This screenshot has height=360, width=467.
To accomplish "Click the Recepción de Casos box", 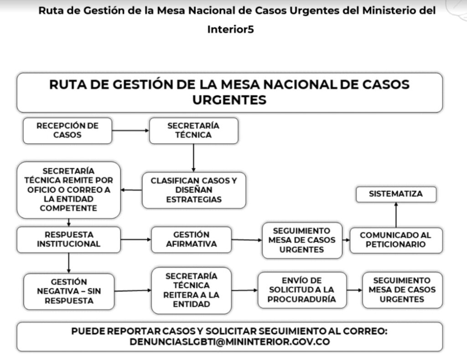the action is click(x=67, y=131).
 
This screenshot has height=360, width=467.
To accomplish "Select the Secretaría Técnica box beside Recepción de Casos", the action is click(x=193, y=131).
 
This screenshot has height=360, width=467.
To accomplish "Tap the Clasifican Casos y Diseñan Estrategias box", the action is click(x=194, y=190).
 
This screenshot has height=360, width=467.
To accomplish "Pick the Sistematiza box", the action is click(x=396, y=194).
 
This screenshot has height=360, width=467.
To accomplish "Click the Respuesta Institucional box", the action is click(x=69, y=240).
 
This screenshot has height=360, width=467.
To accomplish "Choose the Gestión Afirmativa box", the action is click(x=191, y=240).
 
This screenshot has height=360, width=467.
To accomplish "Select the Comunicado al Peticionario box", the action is click(x=396, y=240).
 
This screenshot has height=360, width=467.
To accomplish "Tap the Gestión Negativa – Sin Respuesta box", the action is click(x=69, y=291).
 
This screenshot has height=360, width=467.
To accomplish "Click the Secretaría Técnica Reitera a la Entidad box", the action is click(x=191, y=290).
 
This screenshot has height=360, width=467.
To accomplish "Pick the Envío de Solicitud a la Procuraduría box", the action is click(x=302, y=290).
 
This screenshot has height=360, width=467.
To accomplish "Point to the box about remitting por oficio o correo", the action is click(x=69, y=190).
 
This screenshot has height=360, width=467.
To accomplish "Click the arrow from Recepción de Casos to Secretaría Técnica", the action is click(x=130, y=130).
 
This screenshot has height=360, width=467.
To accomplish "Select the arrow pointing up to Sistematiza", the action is click(x=396, y=215).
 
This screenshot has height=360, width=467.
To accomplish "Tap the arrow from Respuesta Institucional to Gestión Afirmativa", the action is click(x=136, y=239).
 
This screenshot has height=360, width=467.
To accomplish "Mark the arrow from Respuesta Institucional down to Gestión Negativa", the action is click(x=69, y=263).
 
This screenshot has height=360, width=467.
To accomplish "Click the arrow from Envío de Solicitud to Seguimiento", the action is click(x=354, y=290).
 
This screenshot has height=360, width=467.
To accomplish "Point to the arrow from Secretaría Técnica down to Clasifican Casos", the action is click(x=193, y=158).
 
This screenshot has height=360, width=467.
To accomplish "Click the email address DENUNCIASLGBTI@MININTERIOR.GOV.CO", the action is click(x=230, y=342).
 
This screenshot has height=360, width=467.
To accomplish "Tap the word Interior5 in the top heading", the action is click(x=230, y=30).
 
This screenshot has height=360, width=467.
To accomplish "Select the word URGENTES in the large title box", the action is click(x=229, y=100).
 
